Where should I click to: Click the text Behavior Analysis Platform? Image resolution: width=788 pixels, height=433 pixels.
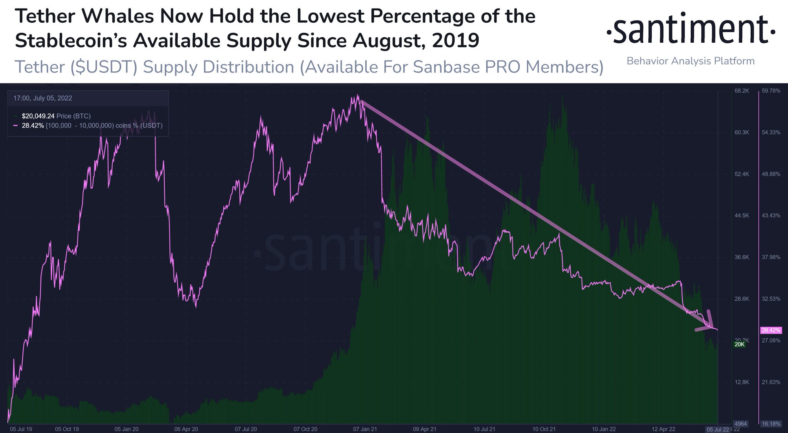coord(690,61)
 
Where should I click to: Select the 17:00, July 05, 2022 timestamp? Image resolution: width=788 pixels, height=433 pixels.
coord(43,98)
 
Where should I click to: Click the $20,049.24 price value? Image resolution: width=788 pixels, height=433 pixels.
coord(38,116)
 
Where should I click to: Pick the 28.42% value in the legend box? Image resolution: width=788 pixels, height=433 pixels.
coord(33,126)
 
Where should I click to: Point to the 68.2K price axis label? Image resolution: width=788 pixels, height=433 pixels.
coord(741,91)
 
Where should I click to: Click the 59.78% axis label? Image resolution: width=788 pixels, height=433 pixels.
coord(771,91)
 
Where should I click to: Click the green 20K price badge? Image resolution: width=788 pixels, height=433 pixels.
coord(739,344)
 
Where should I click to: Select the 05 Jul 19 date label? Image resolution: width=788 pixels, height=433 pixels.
coord(21,429)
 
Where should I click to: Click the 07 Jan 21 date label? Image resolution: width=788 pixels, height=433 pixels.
coord(365,429)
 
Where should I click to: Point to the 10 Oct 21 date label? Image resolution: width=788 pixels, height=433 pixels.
coord(544,429)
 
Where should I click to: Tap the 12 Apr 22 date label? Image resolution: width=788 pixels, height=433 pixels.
coord(663,429)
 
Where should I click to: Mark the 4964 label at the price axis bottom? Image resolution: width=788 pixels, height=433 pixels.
coord(741,424)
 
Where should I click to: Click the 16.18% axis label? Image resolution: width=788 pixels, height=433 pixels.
coord(771,424)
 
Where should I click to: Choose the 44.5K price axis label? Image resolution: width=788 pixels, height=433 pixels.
coord(741,216)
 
